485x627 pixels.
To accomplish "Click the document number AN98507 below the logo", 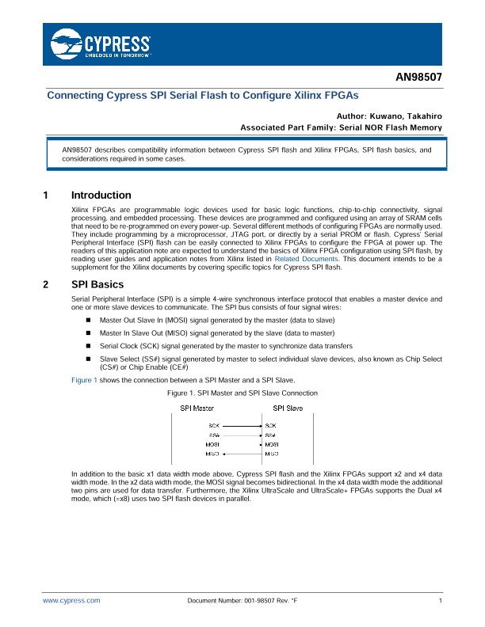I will tap(418, 79).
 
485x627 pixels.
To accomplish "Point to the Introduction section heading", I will tap(101, 196).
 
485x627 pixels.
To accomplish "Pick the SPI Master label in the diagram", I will tap(197, 408).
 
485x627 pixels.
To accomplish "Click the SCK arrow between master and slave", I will tap(242, 426).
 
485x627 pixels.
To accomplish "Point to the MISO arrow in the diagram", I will tap(242, 454).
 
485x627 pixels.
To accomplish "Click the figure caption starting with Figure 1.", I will tap(243, 393).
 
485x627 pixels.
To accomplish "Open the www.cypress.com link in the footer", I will tap(71, 602).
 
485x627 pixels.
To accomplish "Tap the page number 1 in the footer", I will tap(439, 602).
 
